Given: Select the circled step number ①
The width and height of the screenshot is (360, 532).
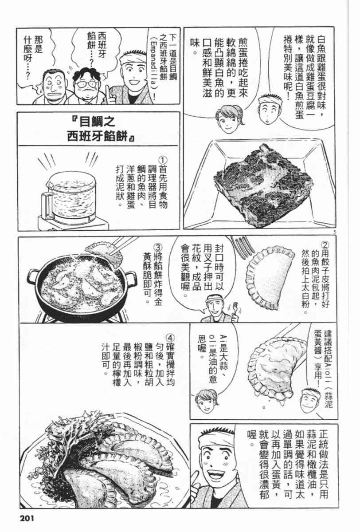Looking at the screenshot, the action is coord(164,160).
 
